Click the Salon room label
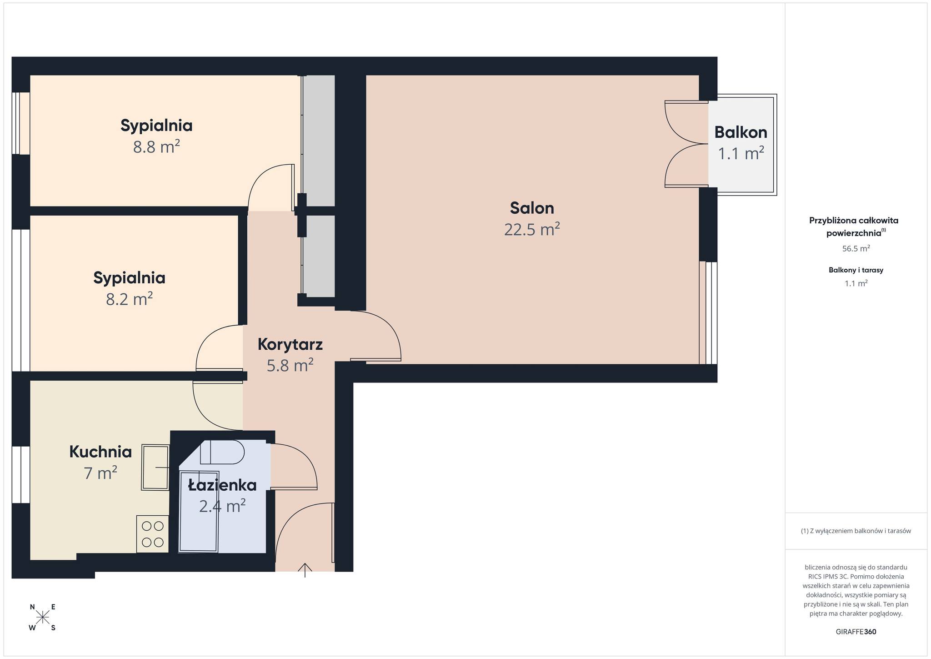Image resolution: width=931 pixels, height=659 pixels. [x=532, y=208]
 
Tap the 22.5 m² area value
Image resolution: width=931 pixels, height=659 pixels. [x=532, y=229]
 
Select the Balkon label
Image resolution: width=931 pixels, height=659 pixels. [x=741, y=132]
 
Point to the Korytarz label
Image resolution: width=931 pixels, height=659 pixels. [x=290, y=344]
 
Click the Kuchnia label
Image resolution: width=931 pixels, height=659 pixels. [x=100, y=452]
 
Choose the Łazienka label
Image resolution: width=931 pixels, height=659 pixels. [x=222, y=485]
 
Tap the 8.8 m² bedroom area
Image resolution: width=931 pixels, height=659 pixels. [x=156, y=147]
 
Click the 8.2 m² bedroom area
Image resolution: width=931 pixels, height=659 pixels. [x=129, y=299]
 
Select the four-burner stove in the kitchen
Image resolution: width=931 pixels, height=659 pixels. [x=152, y=534]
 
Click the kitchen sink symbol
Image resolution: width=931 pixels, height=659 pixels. [x=155, y=467]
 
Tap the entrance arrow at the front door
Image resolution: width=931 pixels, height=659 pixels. [x=305, y=570]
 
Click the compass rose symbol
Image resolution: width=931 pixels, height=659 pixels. [x=42, y=617]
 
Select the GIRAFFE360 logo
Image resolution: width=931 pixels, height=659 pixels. [x=856, y=632]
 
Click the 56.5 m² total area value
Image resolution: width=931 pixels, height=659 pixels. [x=856, y=248]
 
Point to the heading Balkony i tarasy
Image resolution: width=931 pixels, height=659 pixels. [x=856, y=270]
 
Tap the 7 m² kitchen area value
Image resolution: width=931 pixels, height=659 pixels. [x=100, y=473]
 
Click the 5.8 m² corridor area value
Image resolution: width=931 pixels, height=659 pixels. [x=290, y=365]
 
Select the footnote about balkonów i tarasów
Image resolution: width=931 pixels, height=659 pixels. [x=856, y=531]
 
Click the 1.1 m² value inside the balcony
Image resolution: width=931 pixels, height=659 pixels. [x=741, y=153]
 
